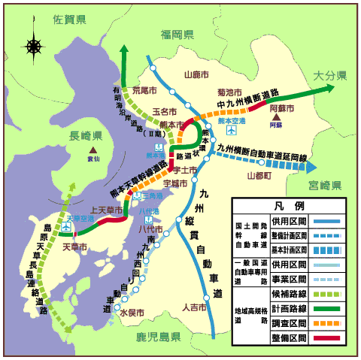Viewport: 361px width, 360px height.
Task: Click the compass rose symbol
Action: coord(34,46)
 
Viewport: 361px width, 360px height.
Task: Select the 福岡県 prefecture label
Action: coord(177,35)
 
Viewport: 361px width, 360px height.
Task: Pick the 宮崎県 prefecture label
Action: coord(326,184)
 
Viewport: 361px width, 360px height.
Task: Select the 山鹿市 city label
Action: coord(196,74)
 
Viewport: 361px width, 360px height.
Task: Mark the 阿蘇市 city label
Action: coord(281,108)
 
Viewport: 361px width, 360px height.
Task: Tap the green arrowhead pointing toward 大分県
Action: coord(332,88)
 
